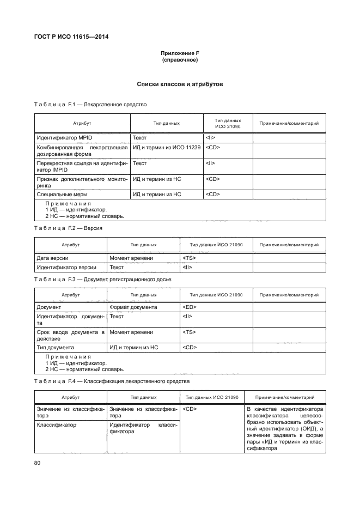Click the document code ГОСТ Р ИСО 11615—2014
[x=75, y=37]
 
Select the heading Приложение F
[x=180, y=53]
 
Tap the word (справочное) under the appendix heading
[x=180, y=60]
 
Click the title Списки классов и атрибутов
[x=180, y=84]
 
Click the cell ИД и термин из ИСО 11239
[x=167, y=148]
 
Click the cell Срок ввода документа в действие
[x=70, y=335]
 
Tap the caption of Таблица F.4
[x=112, y=381]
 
